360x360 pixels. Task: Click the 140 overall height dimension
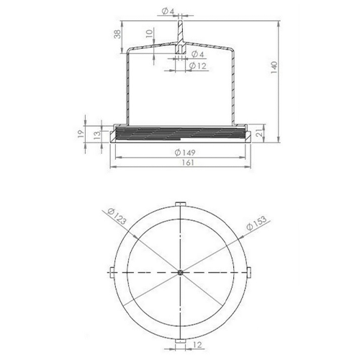274,68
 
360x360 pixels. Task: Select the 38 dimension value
117,35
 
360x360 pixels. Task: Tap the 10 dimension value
149,33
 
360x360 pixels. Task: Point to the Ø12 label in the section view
198,66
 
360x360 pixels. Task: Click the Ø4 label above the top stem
168,11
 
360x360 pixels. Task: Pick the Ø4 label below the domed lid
198,54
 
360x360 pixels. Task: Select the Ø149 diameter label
185,153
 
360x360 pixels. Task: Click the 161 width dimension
187,163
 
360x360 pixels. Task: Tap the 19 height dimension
81,133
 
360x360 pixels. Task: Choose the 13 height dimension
97,135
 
